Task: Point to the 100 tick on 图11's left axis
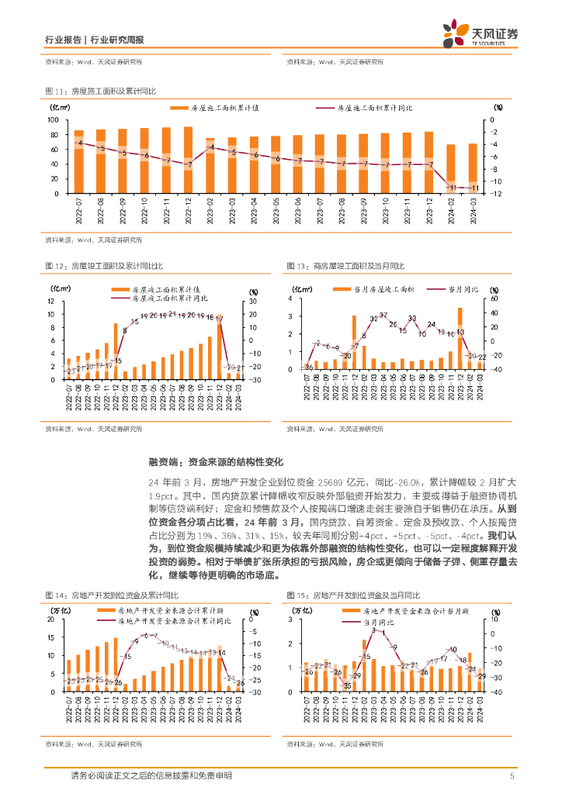click(x=54, y=120)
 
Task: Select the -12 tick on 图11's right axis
click(x=498, y=194)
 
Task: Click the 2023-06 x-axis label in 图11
click(x=297, y=209)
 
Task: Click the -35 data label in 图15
click(x=347, y=686)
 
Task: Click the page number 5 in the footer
click(x=512, y=776)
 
